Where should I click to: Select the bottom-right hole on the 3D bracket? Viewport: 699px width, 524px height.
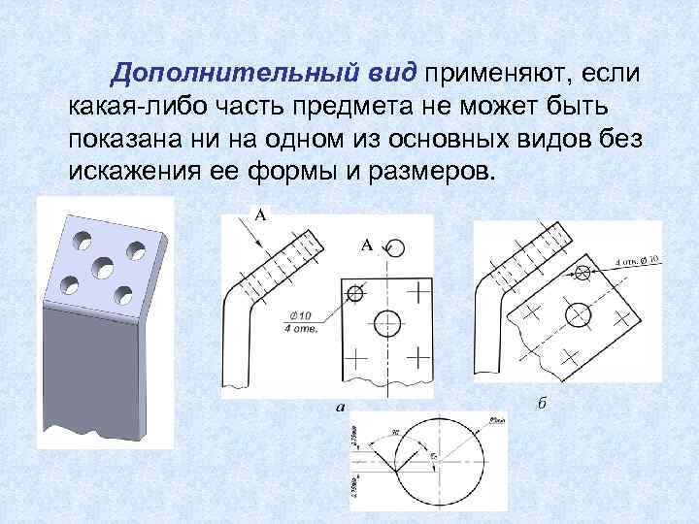(122, 293)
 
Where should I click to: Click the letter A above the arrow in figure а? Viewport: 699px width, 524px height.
(260, 214)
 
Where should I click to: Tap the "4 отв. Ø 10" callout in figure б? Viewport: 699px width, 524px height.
(638, 260)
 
